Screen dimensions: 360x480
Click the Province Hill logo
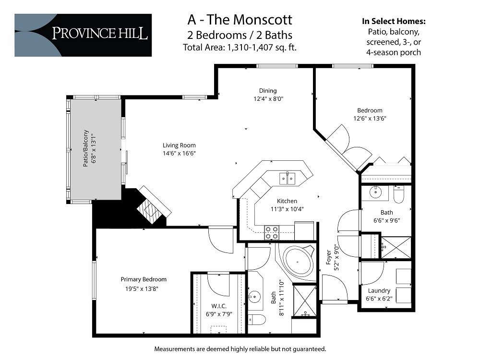pyautogui.click(x=83, y=35)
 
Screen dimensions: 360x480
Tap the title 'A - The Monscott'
pyautogui.click(x=239, y=20)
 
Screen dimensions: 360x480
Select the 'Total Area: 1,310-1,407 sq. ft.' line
pyautogui.click(x=239, y=47)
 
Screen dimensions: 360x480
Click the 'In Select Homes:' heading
pyautogui.click(x=394, y=22)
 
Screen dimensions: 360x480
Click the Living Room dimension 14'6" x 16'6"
pyautogui.click(x=179, y=153)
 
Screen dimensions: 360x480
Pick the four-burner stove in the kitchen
pyautogui.click(x=271, y=233)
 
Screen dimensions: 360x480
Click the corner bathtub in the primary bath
pyautogui.click(x=297, y=263)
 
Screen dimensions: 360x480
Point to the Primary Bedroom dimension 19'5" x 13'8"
pyautogui.click(x=144, y=288)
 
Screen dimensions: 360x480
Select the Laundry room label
pyautogui.click(x=379, y=290)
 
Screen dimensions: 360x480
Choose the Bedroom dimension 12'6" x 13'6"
pyautogui.click(x=370, y=118)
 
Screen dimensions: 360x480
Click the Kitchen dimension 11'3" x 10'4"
pyautogui.click(x=287, y=209)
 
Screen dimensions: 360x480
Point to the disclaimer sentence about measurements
pyautogui.click(x=240, y=348)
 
